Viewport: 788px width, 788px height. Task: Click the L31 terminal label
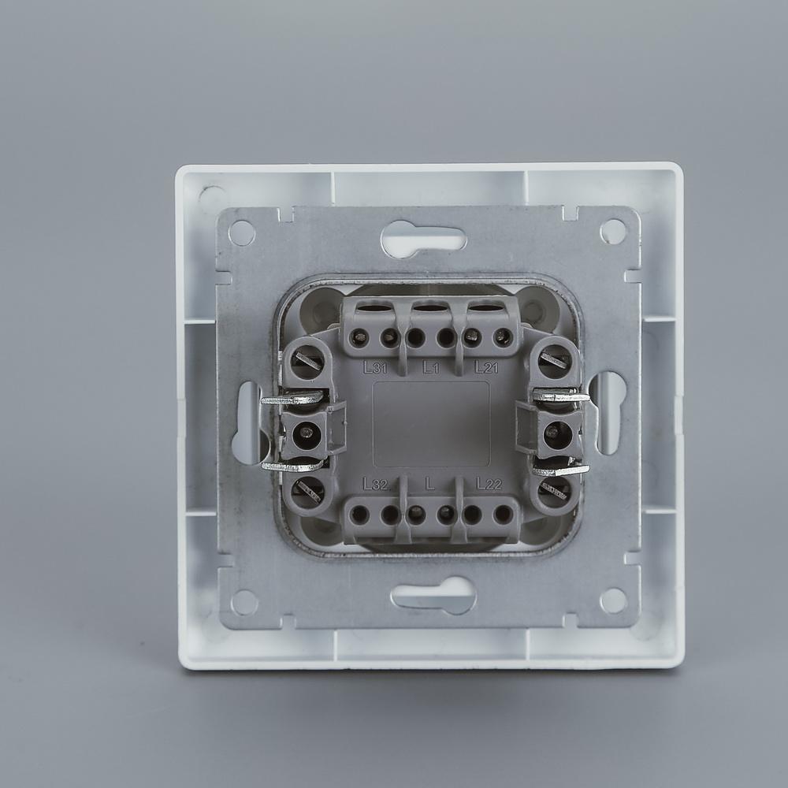pos(375,367)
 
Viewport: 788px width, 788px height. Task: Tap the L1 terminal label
pos(431,368)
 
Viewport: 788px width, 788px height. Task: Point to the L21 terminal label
pos(486,367)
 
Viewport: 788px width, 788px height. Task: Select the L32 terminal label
pos(375,484)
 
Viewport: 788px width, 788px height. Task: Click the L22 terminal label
pos(489,484)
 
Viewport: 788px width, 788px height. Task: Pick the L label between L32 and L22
pos(429,484)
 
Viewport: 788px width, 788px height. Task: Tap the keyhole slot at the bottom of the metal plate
pos(433,596)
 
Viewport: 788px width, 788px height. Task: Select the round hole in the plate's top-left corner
pos(242,232)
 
